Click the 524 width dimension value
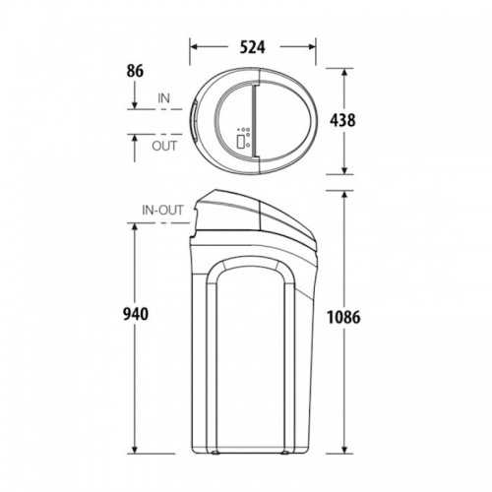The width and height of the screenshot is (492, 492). click(252, 47)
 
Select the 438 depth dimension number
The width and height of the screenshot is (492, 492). click(342, 120)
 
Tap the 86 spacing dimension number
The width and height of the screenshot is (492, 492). click(135, 71)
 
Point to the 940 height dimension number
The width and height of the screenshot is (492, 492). click(136, 314)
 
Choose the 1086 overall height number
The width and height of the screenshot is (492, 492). click(343, 317)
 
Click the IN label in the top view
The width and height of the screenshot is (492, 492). click(164, 98)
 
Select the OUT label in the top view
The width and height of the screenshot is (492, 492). click(164, 146)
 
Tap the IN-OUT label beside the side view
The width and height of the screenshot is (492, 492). click(162, 211)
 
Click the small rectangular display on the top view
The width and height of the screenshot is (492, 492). click(241, 142)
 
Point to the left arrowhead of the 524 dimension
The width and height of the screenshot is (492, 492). click(194, 47)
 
